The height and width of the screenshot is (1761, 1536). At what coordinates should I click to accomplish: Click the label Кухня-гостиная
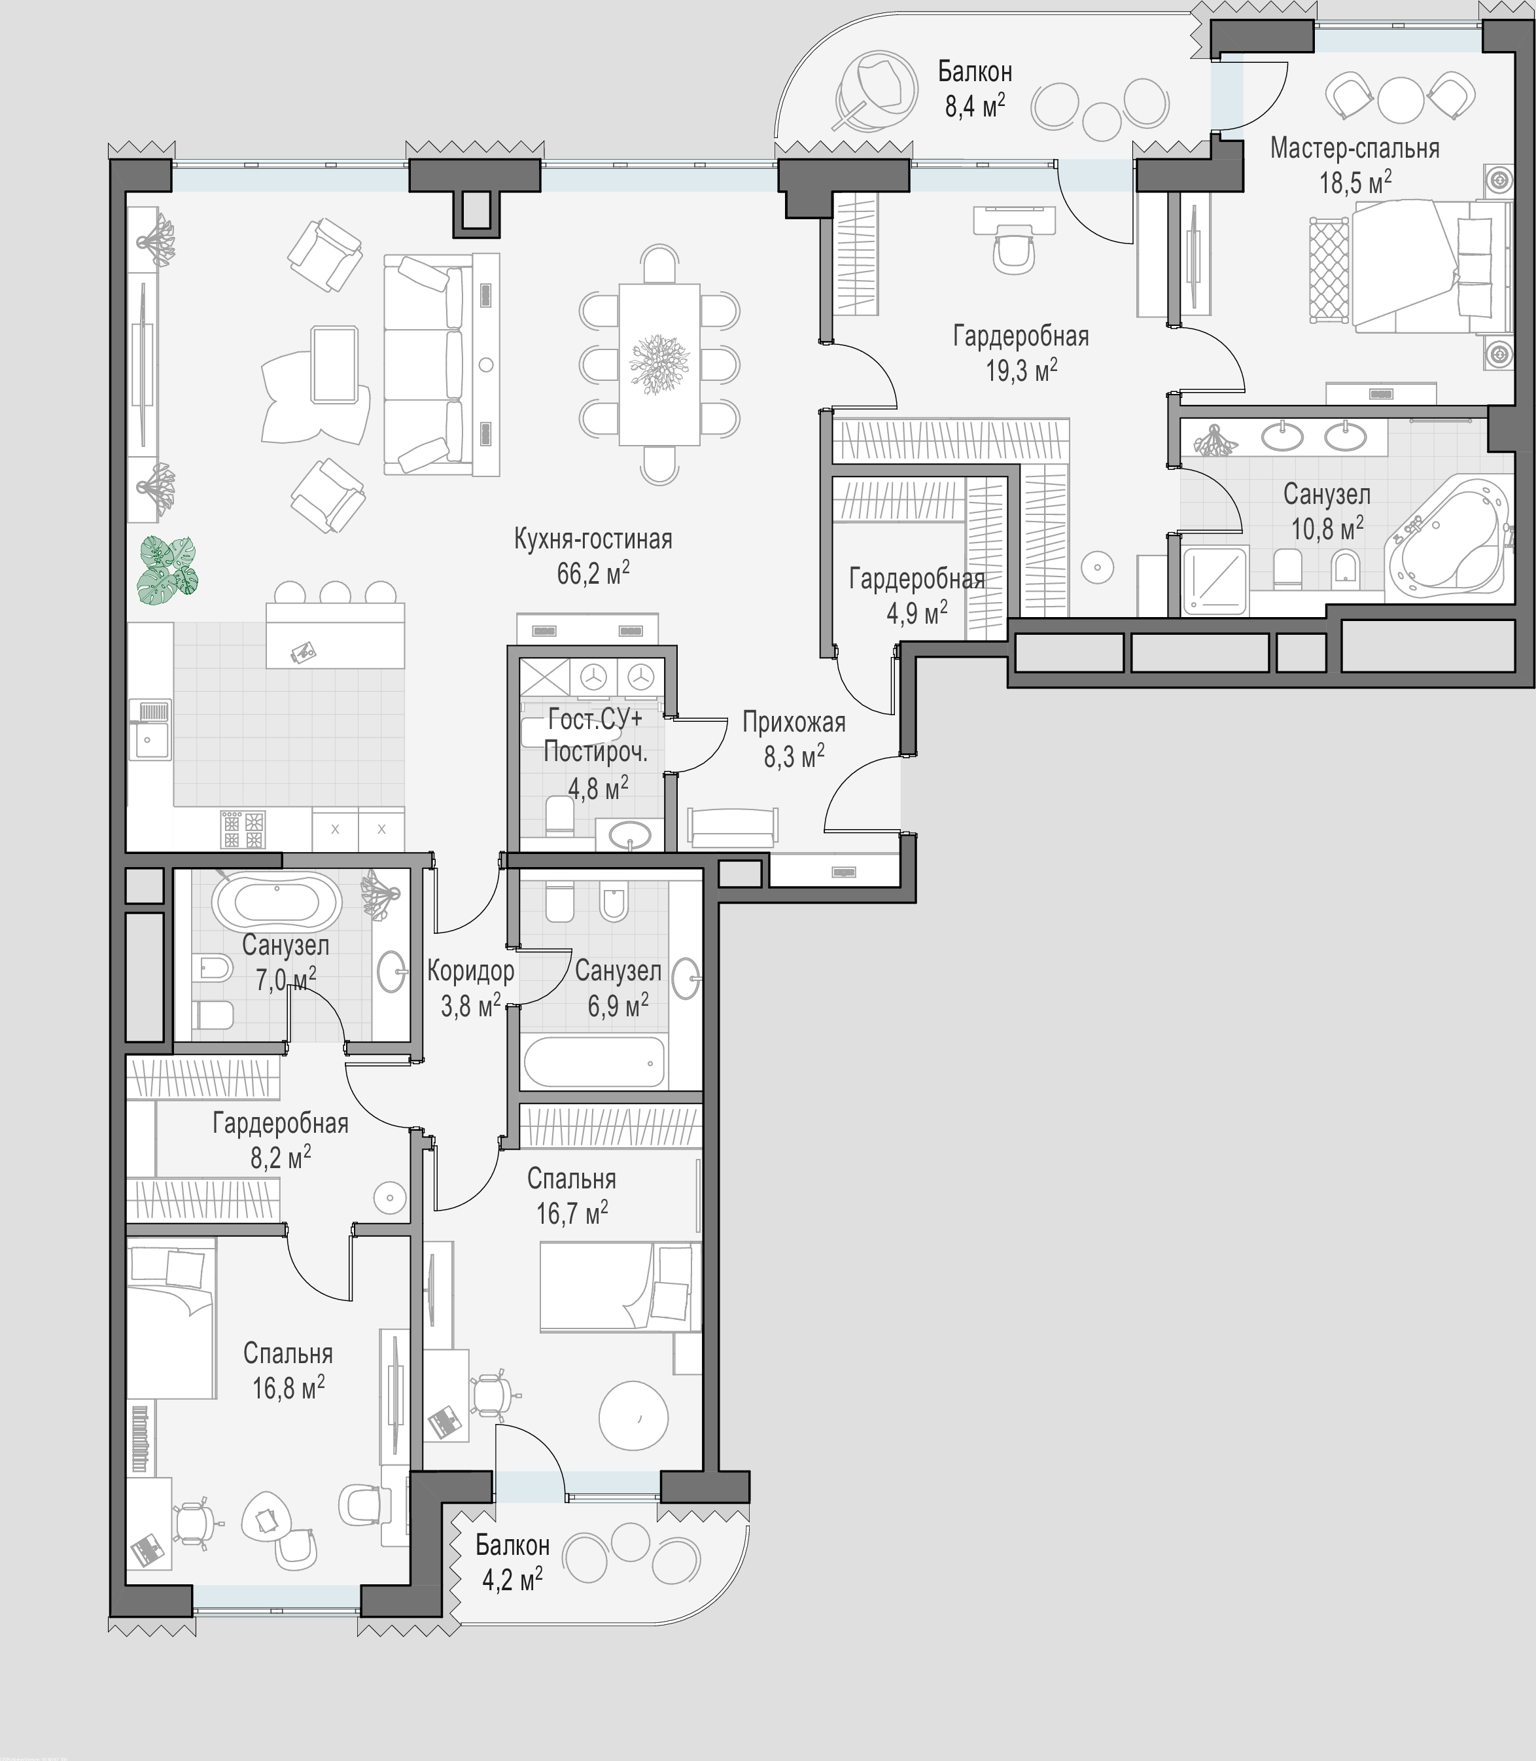click(x=593, y=539)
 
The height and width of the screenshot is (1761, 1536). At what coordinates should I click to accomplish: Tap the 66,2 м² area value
click(x=593, y=572)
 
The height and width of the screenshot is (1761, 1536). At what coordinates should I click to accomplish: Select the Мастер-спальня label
click(x=1354, y=149)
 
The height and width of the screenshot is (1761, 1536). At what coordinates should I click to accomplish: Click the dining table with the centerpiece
click(x=659, y=365)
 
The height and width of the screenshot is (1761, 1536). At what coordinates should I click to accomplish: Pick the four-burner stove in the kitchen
click(x=243, y=829)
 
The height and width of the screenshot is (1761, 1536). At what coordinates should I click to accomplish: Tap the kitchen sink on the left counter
click(x=150, y=730)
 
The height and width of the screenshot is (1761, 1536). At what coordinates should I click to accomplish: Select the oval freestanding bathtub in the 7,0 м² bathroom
click(x=277, y=901)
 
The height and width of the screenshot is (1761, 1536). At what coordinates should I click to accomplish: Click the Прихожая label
click(x=794, y=722)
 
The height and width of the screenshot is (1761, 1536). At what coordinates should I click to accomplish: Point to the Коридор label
click(x=470, y=970)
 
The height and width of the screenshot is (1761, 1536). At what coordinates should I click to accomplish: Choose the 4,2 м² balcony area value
click(x=513, y=1578)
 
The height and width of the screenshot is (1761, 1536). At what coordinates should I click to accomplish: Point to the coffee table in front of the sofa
click(x=334, y=365)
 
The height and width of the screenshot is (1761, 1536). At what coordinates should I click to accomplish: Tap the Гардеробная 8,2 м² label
click(x=280, y=1139)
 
